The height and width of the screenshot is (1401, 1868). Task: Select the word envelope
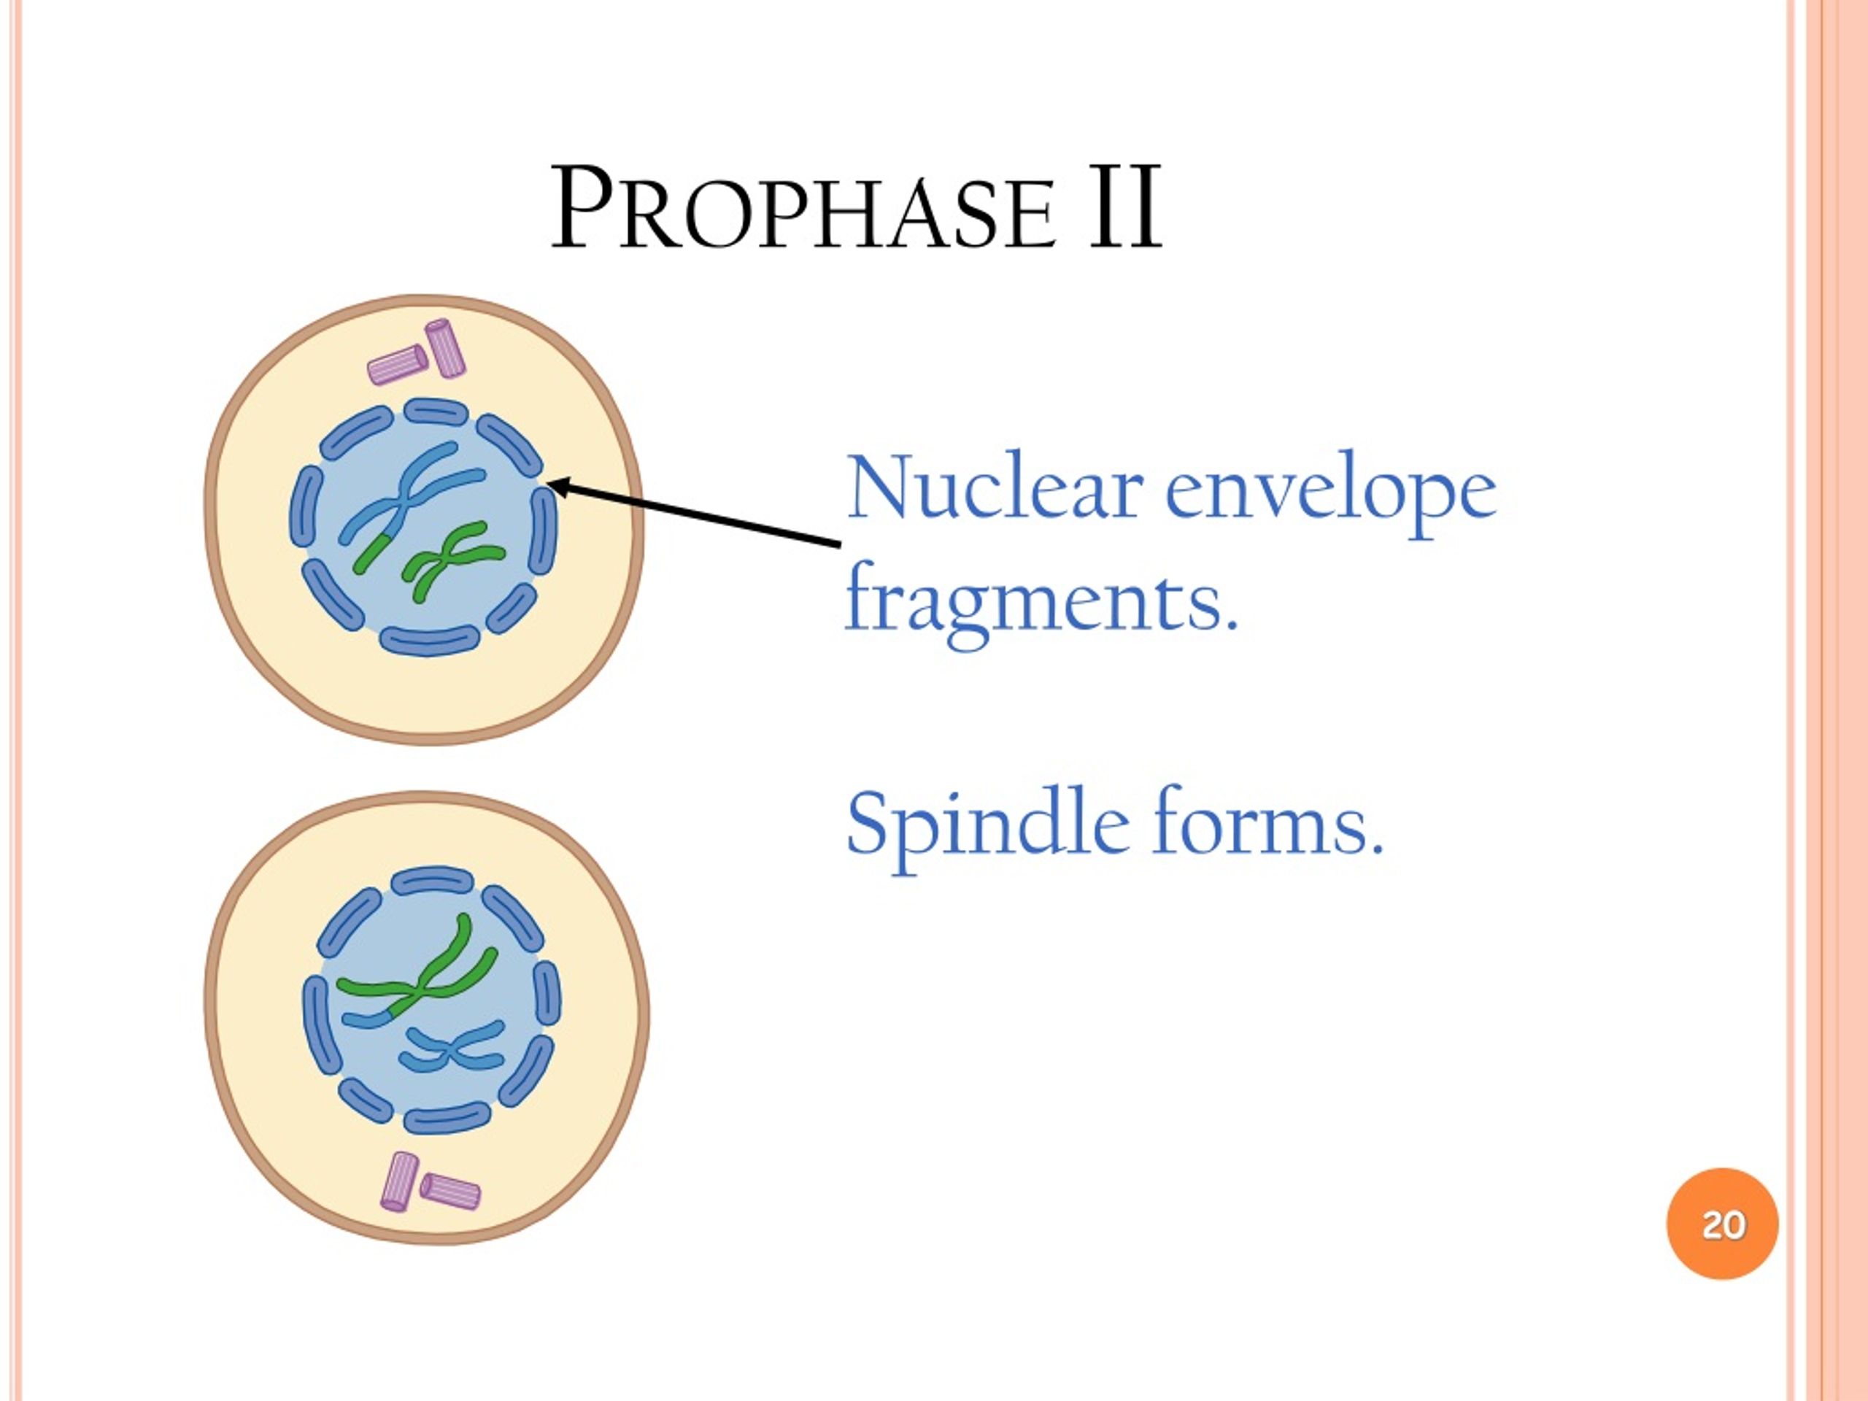[x=1330, y=493]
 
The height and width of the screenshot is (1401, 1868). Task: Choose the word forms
[x=1267, y=822]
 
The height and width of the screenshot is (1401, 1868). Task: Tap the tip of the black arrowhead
[x=549, y=484]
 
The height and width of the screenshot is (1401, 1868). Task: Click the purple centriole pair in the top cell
[x=418, y=355]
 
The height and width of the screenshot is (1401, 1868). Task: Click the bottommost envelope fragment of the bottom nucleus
[x=446, y=1120]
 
